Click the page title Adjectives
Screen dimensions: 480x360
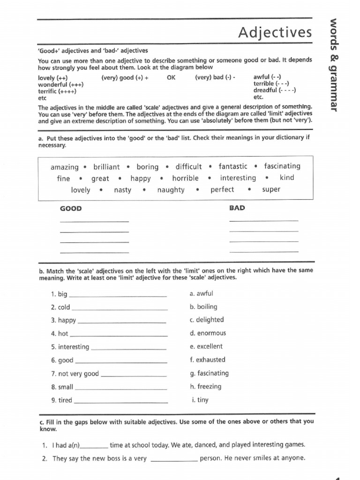coord(274,32)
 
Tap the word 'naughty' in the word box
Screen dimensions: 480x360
coord(171,190)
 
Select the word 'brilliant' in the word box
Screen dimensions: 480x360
coord(106,167)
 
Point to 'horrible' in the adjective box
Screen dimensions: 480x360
coord(185,178)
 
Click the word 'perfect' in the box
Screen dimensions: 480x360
coord(222,190)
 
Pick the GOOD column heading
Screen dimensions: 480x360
coord(71,208)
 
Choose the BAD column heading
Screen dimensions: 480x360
coord(237,208)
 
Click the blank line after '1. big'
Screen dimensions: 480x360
coord(118,296)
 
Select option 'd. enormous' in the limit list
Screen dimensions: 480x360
coord(208,333)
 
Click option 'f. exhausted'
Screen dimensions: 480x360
coord(207,360)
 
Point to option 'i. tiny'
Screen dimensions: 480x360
coord(200,400)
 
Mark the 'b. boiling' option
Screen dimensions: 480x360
coord(203,307)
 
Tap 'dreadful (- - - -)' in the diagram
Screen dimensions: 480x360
coord(274,90)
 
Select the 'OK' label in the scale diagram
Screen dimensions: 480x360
coord(172,78)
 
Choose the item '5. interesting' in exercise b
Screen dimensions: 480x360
coord(70,347)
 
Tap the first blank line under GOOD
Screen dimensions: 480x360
coord(94,221)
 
